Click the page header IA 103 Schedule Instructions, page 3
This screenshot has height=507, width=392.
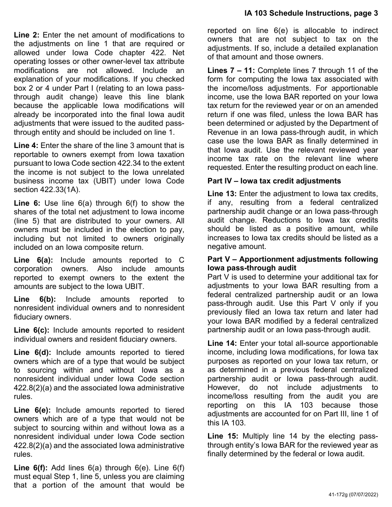click(310, 13)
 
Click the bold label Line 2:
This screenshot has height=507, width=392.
click(27, 35)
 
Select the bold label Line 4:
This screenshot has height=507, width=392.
click(27, 146)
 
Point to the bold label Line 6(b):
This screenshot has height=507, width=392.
click(35, 299)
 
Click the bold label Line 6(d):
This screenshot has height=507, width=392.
click(33, 352)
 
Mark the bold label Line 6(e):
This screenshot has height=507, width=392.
click(33, 410)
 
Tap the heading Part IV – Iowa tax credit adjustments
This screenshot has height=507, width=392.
click(274, 181)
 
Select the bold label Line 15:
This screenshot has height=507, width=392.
click(222, 436)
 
